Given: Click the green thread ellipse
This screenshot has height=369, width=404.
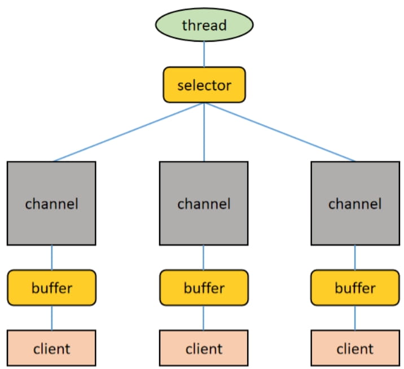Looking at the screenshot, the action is point(204,25).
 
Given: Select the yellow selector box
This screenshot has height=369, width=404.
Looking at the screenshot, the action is point(204,85).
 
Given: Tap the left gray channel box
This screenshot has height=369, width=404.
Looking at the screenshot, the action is point(51,203).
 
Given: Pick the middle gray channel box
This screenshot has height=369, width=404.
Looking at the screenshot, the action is point(204,203).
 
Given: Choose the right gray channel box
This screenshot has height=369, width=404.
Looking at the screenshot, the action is point(355,203).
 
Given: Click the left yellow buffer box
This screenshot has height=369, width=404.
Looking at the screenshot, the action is point(51,288).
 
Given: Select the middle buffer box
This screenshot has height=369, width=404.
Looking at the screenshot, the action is point(204,288).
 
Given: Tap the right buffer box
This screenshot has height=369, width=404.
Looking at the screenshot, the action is point(355,288).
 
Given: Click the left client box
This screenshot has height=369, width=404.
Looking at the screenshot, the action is point(51,348).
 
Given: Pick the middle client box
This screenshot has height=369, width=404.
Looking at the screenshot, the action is point(204,348).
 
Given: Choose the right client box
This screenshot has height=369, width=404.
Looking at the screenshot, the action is point(355,348).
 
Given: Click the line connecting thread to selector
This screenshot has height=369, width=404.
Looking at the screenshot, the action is point(204,54).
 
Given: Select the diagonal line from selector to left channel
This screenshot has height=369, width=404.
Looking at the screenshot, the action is point(128,132).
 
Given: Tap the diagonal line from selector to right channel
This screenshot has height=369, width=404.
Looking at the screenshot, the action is point(280,132).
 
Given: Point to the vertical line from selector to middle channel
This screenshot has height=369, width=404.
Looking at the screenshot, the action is point(204,132).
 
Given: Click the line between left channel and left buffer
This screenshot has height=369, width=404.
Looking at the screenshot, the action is point(51,257).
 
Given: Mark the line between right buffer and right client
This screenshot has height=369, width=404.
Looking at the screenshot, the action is point(355,318).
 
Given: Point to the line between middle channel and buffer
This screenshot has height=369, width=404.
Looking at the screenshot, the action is point(204,257).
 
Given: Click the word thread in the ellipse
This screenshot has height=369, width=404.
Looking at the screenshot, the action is point(204,25).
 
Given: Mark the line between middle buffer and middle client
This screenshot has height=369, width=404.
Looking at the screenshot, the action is point(204,318).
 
